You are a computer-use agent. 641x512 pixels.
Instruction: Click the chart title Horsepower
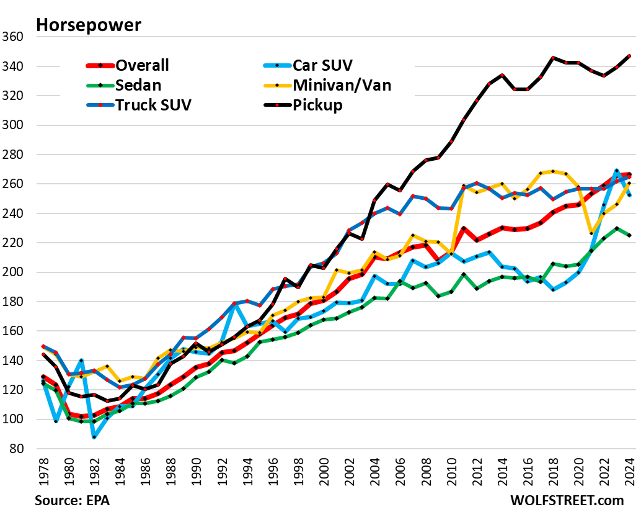[88, 25]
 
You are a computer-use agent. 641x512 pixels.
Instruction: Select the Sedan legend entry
[136, 85]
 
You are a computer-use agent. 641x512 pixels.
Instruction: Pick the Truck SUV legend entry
[153, 104]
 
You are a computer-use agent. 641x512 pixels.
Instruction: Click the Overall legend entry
[143, 65]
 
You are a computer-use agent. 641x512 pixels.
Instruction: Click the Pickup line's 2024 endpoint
[629, 56]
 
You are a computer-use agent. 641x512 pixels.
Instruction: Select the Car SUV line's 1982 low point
[94, 437]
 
